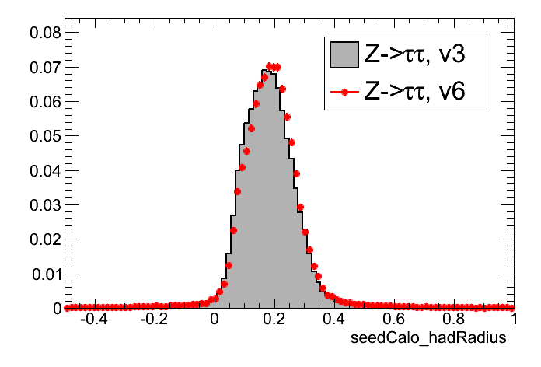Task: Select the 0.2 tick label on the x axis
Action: (x=274, y=320)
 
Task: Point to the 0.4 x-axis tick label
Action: (x=334, y=320)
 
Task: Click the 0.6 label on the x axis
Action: (x=394, y=320)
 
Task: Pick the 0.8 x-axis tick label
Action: (x=454, y=320)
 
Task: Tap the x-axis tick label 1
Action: (x=512, y=320)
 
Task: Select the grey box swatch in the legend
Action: (x=344, y=54)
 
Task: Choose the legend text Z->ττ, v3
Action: (x=414, y=54)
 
